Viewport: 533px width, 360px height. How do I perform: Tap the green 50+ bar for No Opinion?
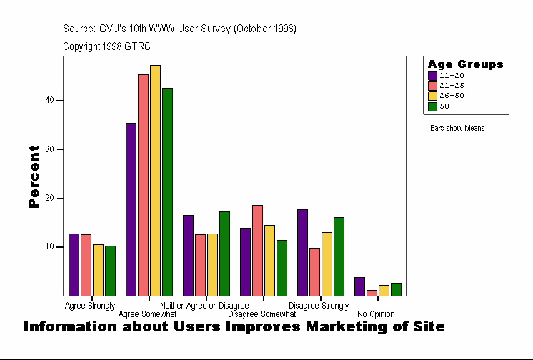click(396, 289)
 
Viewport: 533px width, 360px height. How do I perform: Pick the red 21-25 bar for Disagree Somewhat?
click(257, 250)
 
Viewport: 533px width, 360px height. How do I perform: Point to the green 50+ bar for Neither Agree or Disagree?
click(224, 254)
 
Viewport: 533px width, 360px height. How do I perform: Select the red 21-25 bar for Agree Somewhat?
click(143, 185)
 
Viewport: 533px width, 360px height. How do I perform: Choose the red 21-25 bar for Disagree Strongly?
click(314, 271)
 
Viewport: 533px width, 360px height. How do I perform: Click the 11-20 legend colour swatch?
click(432, 75)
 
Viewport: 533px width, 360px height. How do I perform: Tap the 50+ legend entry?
click(447, 106)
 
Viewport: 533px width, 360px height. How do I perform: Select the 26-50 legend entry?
click(452, 96)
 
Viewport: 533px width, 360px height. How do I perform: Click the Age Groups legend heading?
click(465, 64)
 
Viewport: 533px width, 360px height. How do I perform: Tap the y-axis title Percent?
click(34, 176)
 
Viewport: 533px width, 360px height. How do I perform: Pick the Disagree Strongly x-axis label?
click(319, 306)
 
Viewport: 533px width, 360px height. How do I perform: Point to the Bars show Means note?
click(457, 129)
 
